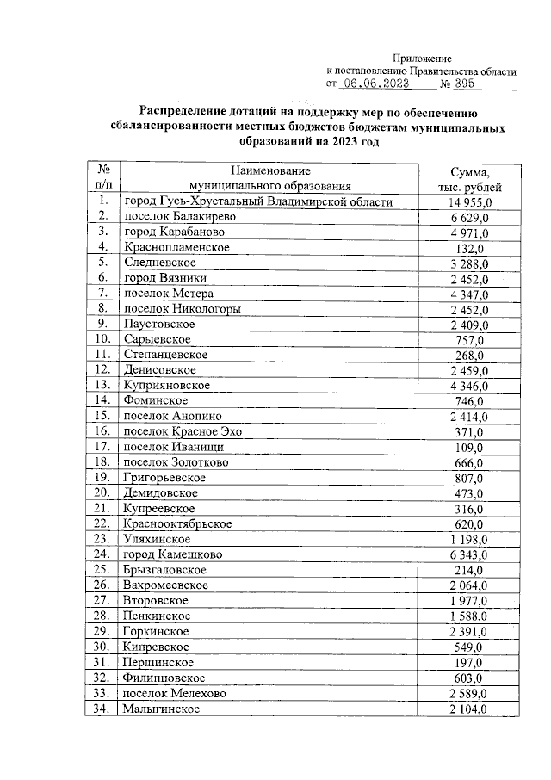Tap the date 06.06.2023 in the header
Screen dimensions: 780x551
(x=378, y=84)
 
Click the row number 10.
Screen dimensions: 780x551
(x=103, y=340)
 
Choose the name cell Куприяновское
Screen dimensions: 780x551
(x=167, y=386)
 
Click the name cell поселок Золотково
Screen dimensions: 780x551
(x=175, y=462)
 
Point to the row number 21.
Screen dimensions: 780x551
(x=103, y=508)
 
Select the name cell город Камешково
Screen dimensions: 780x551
(x=173, y=554)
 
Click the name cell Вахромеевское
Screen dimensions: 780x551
(x=165, y=585)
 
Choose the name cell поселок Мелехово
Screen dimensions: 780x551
(x=173, y=693)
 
